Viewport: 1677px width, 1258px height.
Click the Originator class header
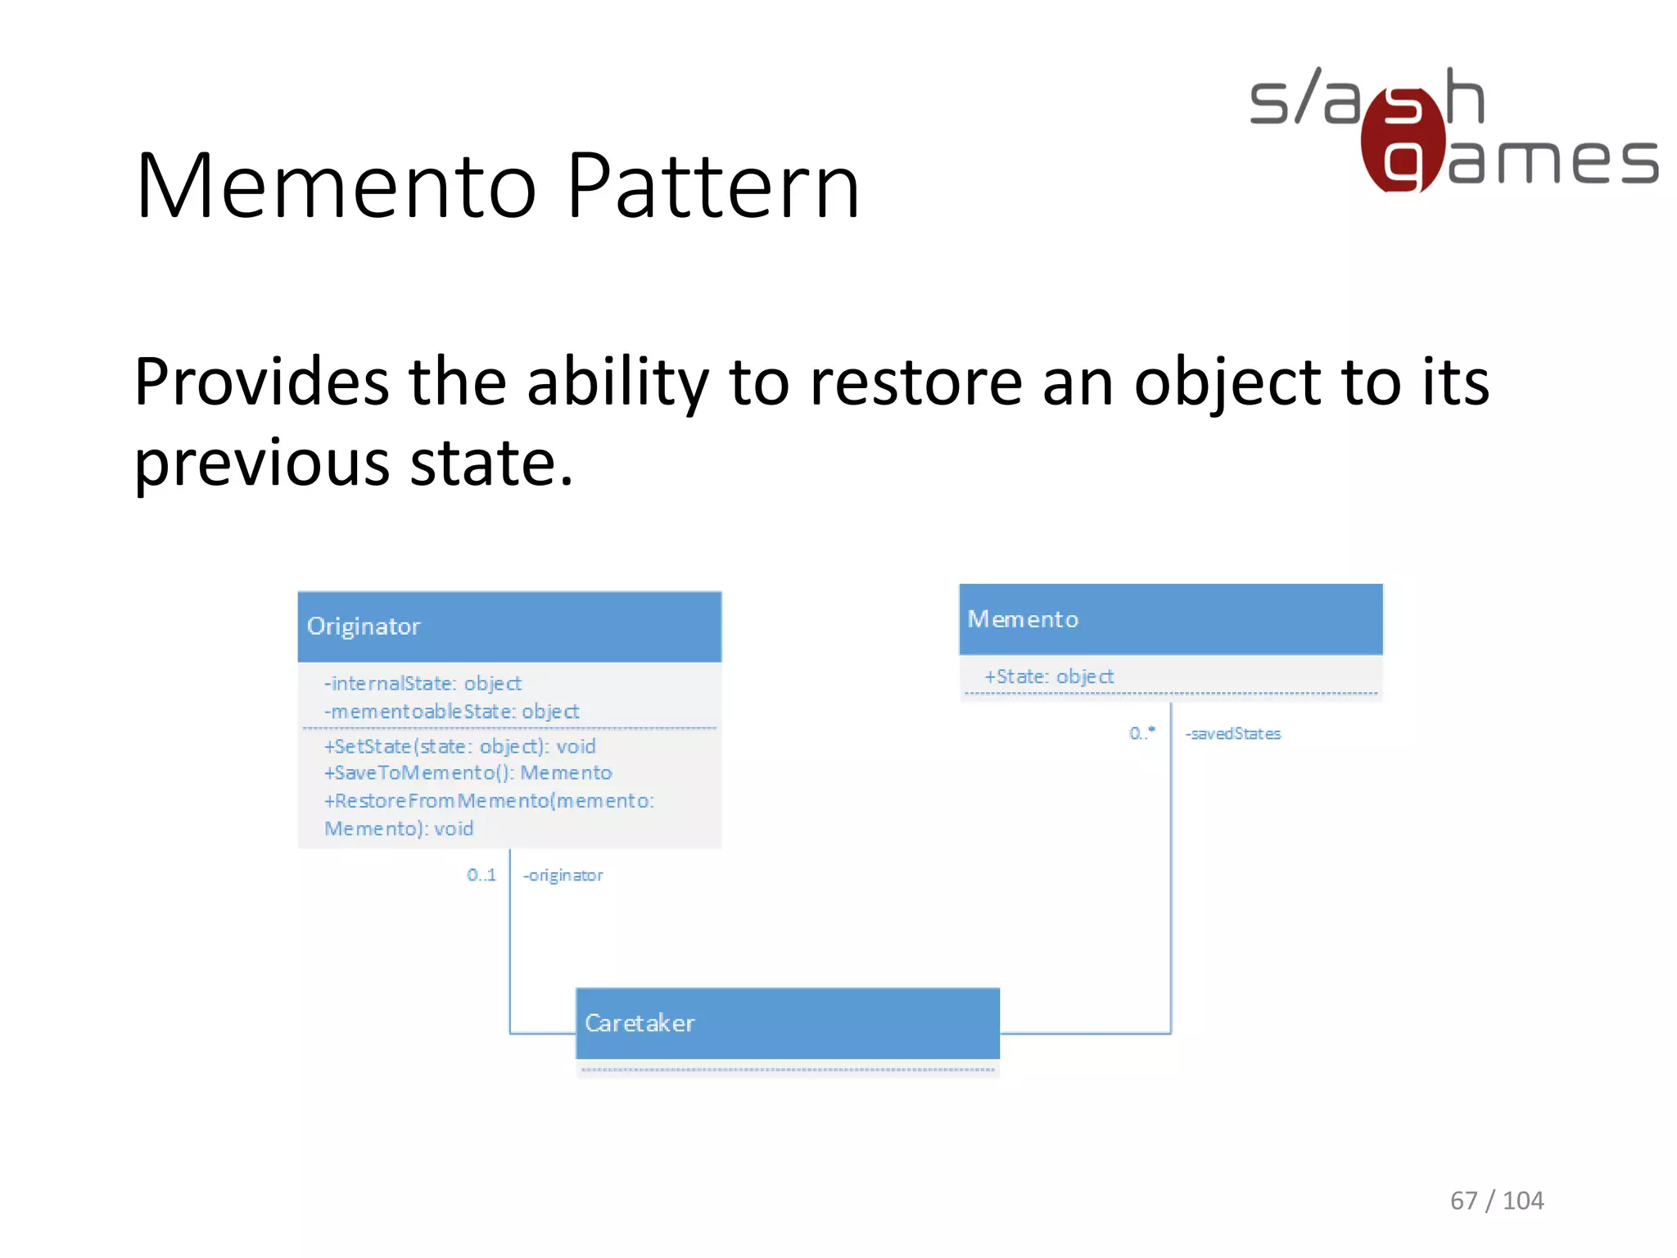pyautogui.click(x=509, y=627)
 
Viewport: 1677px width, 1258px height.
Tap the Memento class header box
pyautogui.click(x=1170, y=619)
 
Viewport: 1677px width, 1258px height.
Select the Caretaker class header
pyautogui.click(x=787, y=1023)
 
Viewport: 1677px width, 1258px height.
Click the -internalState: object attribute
pyautogui.click(x=423, y=683)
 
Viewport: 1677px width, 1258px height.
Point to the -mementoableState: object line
pyautogui.click(x=451, y=711)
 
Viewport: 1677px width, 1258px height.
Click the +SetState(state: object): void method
pyautogui.click(x=459, y=746)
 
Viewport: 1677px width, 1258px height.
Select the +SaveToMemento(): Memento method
pyautogui.click(x=468, y=772)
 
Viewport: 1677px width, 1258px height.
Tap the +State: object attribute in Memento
pyautogui.click(x=1048, y=677)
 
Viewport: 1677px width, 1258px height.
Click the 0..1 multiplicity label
pyautogui.click(x=481, y=875)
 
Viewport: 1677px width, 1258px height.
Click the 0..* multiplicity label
pyautogui.click(x=1141, y=733)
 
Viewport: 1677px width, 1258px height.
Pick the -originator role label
pyautogui.click(x=563, y=875)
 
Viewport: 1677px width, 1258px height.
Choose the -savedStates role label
pyautogui.click(x=1232, y=734)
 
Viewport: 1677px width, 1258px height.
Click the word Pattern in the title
pyautogui.click(x=712, y=187)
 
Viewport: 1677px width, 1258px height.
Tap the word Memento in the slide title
pyautogui.click(x=336, y=187)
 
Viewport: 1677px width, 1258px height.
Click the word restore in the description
pyautogui.click(x=915, y=382)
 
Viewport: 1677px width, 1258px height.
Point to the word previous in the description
pyautogui.click(x=261, y=463)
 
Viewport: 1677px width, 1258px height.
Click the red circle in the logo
pyautogui.click(x=1402, y=141)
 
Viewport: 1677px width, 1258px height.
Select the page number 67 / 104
pyautogui.click(x=1496, y=1200)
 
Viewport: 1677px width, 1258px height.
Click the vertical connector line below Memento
pyautogui.click(x=1170, y=868)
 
